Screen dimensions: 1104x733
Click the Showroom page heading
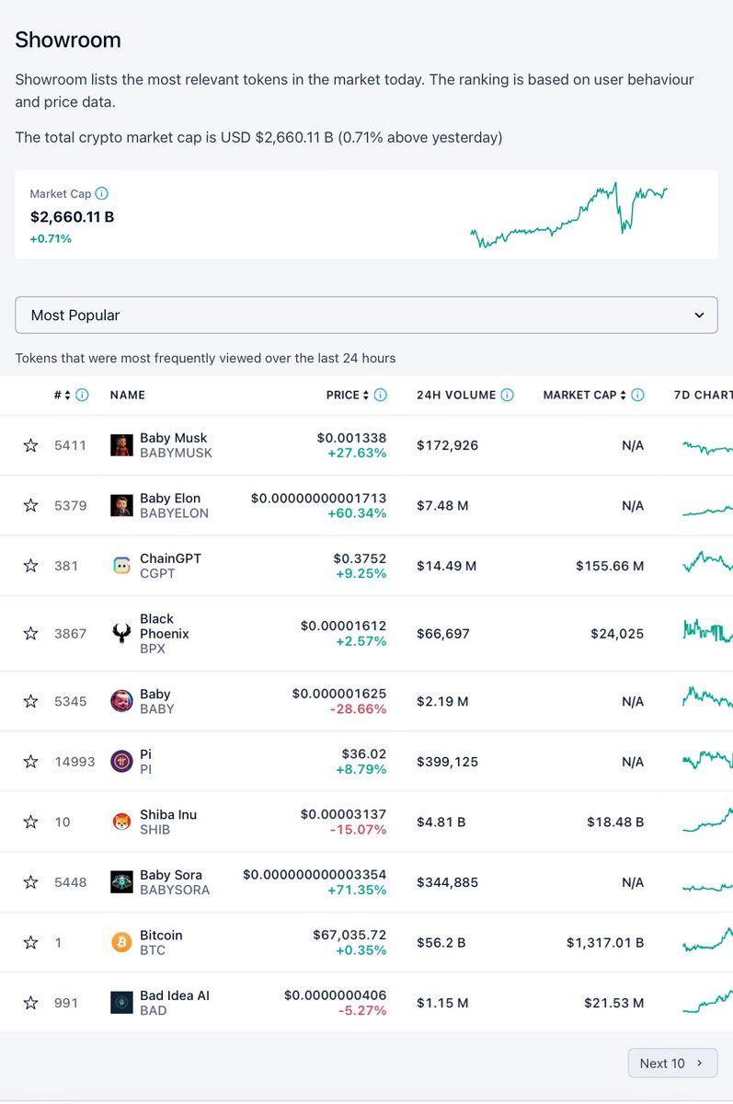(x=68, y=40)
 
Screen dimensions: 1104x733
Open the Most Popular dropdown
(x=366, y=315)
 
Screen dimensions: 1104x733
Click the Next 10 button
(x=672, y=1063)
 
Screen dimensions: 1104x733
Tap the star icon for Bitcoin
(x=30, y=942)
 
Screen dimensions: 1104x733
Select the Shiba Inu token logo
(x=121, y=822)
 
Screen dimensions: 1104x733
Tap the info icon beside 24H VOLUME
(x=507, y=395)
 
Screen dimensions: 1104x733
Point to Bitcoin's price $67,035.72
(x=349, y=935)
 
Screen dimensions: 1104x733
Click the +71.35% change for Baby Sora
(x=357, y=890)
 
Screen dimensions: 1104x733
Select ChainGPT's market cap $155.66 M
(x=610, y=566)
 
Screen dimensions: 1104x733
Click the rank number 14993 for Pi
(x=74, y=762)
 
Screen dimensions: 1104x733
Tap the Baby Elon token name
(x=170, y=498)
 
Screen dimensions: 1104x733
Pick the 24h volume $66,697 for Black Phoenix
(x=443, y=634)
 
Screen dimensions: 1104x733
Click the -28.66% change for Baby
(x=357, y=708)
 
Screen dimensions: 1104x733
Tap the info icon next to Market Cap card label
(x=102, y=193)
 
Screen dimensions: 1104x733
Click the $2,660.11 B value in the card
(x=72, y=217)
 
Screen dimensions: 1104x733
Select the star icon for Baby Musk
(x=30, y=445)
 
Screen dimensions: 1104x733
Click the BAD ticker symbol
(x=154, y=1010)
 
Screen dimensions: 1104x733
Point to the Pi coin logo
(x=121, y=762)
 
